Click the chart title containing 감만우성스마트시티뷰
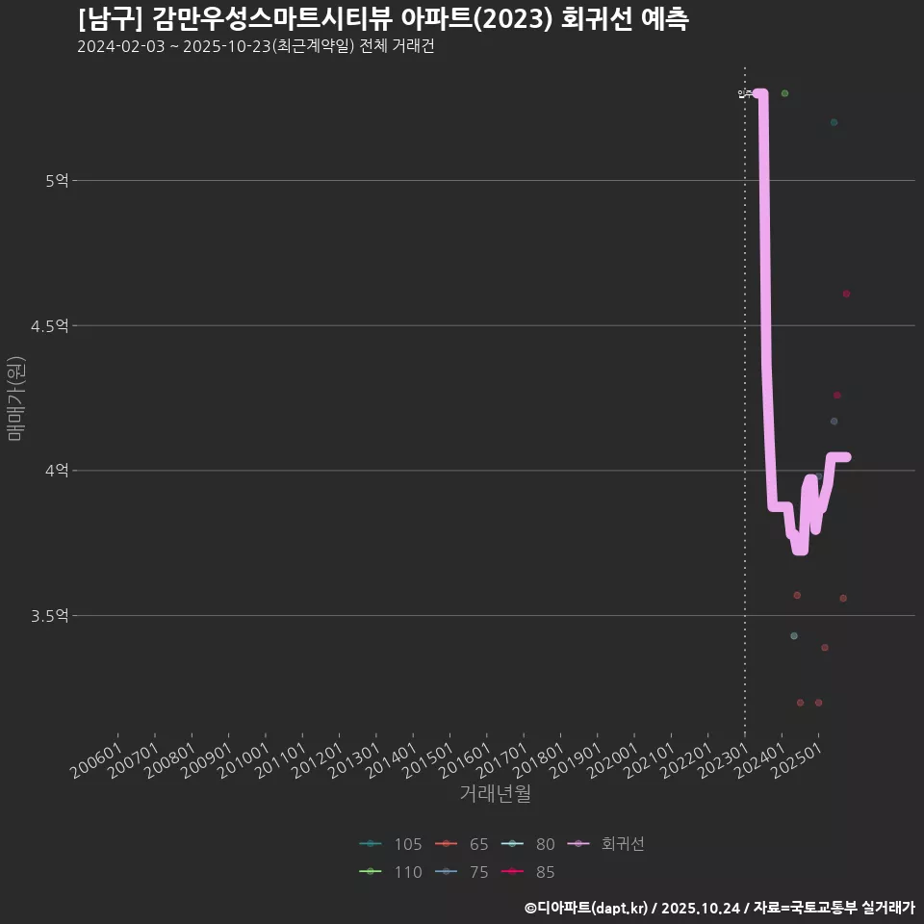[383, 20]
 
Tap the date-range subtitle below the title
[256, 47]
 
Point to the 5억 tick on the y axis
[57, 180]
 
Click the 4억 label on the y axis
[57, 471]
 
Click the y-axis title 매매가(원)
[14, 398]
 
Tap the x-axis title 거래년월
[495, 793]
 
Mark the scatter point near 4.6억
[846, 294]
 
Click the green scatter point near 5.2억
[834, 122]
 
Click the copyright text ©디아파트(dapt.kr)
[588, 908]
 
